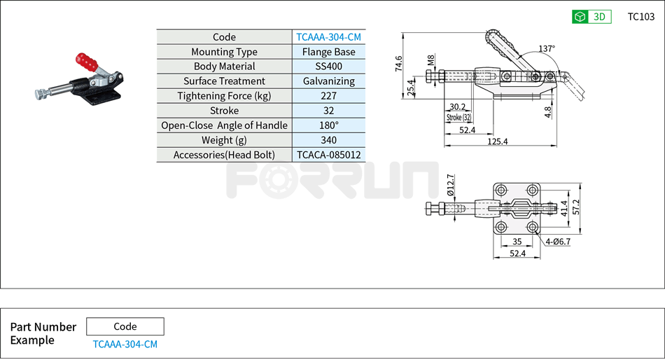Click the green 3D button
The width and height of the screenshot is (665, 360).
click(x=591, y=17)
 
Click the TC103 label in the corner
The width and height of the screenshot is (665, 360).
click(x=640, y=17)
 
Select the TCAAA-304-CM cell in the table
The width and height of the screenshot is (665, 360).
click(x=328, y=37)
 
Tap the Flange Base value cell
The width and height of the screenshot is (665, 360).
click(x=328, y=52)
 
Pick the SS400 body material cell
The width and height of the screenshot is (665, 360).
click(x=328, y=67)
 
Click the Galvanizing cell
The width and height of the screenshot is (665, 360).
click(x=328, y=81)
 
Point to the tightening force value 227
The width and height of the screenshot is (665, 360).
click(x=328, y=96)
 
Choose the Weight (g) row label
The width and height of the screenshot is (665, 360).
click(x=224, y=140)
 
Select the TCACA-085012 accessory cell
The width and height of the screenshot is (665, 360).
click(x=328, y=155)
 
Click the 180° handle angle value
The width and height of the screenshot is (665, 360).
click(x=328, y=125)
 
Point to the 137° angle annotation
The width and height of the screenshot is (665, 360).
click(x=547, y=49)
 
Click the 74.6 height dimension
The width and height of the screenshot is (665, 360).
click(x=399, y=64)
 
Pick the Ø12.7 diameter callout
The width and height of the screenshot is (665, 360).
click(x=451, y=186)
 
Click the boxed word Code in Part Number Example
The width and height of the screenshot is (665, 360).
click(x=125, y=326)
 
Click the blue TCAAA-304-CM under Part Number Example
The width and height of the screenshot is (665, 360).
click(x=125, y=344)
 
